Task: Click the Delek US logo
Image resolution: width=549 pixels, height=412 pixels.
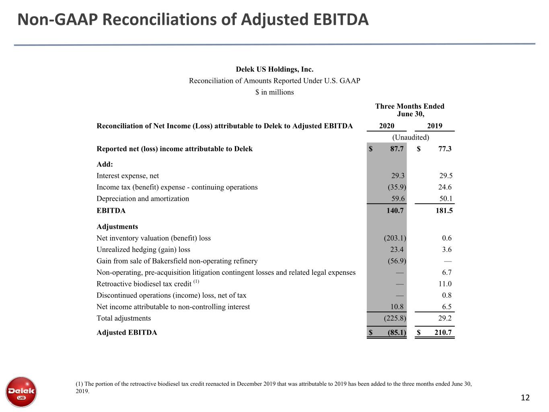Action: (21, 392)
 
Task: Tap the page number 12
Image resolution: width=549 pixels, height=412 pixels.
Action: (525, 398)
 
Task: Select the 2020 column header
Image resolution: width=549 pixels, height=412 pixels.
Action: (387, 126)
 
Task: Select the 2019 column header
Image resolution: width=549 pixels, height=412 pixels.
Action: (434, 126)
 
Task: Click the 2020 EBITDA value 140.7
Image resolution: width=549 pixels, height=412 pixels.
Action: (395, 210)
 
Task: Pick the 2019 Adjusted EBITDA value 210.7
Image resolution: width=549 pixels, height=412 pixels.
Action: (443, 332)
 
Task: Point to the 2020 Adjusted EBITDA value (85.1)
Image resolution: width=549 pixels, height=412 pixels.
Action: (397, 332)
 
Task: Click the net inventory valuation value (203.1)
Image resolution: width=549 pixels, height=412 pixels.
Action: (395, 238)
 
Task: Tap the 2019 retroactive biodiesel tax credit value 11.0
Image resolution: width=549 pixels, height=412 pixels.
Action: (445, 284)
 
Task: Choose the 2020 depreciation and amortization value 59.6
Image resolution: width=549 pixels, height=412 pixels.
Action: (398, 198)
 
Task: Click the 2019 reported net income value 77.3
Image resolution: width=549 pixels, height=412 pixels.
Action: (445, 148)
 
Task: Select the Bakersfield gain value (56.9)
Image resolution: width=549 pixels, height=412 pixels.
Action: (397, 261)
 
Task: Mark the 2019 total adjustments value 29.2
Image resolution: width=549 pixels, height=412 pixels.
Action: (445, 318)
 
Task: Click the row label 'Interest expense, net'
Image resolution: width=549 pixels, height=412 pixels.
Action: (127, 175)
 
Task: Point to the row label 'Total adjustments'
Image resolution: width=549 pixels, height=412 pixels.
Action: (123, 318)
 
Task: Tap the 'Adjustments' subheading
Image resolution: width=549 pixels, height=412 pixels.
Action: (117, 227)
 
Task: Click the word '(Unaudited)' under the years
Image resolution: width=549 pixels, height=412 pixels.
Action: (410, 137)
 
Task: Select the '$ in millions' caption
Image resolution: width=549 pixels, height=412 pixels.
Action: (275, 92)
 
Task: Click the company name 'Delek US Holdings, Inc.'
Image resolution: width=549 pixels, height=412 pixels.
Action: (275, 69)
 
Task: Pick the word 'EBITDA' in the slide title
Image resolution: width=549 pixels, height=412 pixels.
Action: (341, 19)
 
